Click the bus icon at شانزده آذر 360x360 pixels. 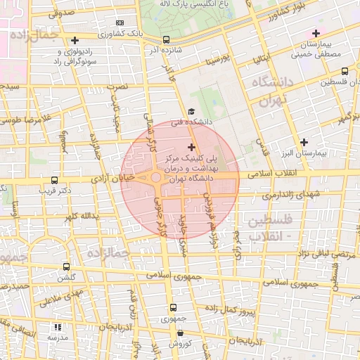(x=166, y=40)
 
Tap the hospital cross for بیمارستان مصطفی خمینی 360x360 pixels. (x=316, y=33)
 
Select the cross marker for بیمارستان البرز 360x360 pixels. (x=304, y=142)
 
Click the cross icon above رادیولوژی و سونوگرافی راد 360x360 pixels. (x=75, y=40)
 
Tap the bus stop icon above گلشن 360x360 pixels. (x=66, y=266)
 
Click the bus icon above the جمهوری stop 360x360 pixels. (x=173, y=307)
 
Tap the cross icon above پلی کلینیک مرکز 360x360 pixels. (x=192, y=147)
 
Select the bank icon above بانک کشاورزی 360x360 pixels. (x=119, y=22)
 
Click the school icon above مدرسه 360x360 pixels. (x=58, y=327)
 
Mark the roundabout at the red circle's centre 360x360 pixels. (x=156, y=179)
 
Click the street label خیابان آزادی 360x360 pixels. (x=117, y=180)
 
